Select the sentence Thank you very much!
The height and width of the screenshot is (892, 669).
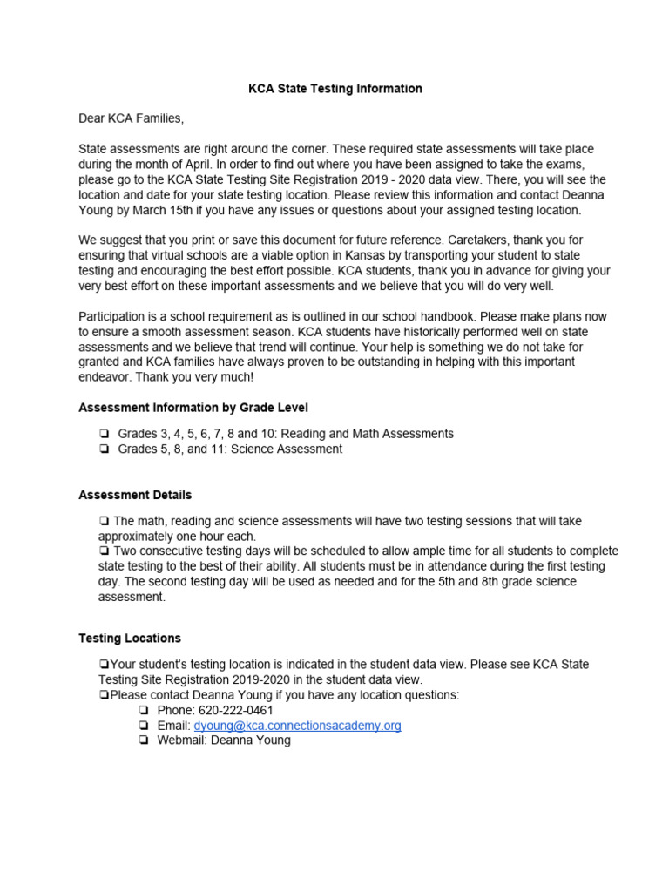point(189,376)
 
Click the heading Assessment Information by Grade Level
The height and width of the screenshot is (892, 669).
point(193,407)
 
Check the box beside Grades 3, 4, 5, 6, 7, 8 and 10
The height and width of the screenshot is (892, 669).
point(104,434)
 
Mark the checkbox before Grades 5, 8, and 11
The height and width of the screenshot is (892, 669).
point(104,449)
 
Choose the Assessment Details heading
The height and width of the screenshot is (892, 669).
point(135,495)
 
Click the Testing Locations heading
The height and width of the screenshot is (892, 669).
point(130,638)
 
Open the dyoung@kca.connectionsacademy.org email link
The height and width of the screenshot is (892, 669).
point(297,726)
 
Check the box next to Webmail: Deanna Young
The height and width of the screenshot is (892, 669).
point(143,740)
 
